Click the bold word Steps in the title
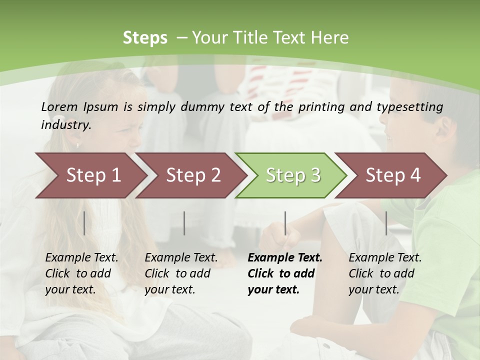click(x=145, y=38)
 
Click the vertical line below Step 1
click(x=84, y=223)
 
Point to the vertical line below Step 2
click(x=184, y=223)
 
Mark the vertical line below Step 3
click(x=285, y=223)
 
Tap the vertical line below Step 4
click(x=386, y=223)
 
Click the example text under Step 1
click(x=81, y=273)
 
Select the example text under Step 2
click(x=181, y=273)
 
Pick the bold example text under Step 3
click(x=284, y=273)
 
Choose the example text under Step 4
click(x=384, y=273)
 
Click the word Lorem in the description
click(x=59, y=106)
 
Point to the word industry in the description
click(x=66, y=124)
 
